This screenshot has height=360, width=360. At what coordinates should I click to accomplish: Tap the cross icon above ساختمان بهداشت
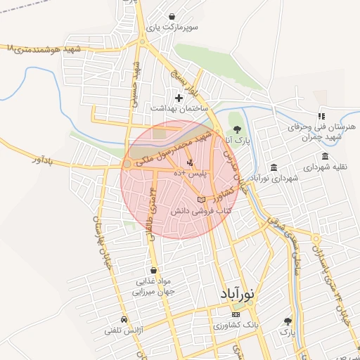click(179, 98)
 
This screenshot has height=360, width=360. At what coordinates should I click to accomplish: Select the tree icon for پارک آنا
click(236, 129)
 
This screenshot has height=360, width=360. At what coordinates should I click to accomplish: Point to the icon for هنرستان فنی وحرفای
click(321, 116)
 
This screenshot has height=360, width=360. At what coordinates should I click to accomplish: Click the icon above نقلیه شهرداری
click(325, 156)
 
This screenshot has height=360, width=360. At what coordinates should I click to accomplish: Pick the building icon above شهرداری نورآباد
click(273, 167)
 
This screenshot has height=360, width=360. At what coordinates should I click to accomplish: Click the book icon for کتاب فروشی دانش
click(202, 201)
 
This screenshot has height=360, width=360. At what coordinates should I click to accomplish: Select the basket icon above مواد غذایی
click(153, 270)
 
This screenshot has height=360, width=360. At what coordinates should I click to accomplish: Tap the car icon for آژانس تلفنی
click(124, 318)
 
